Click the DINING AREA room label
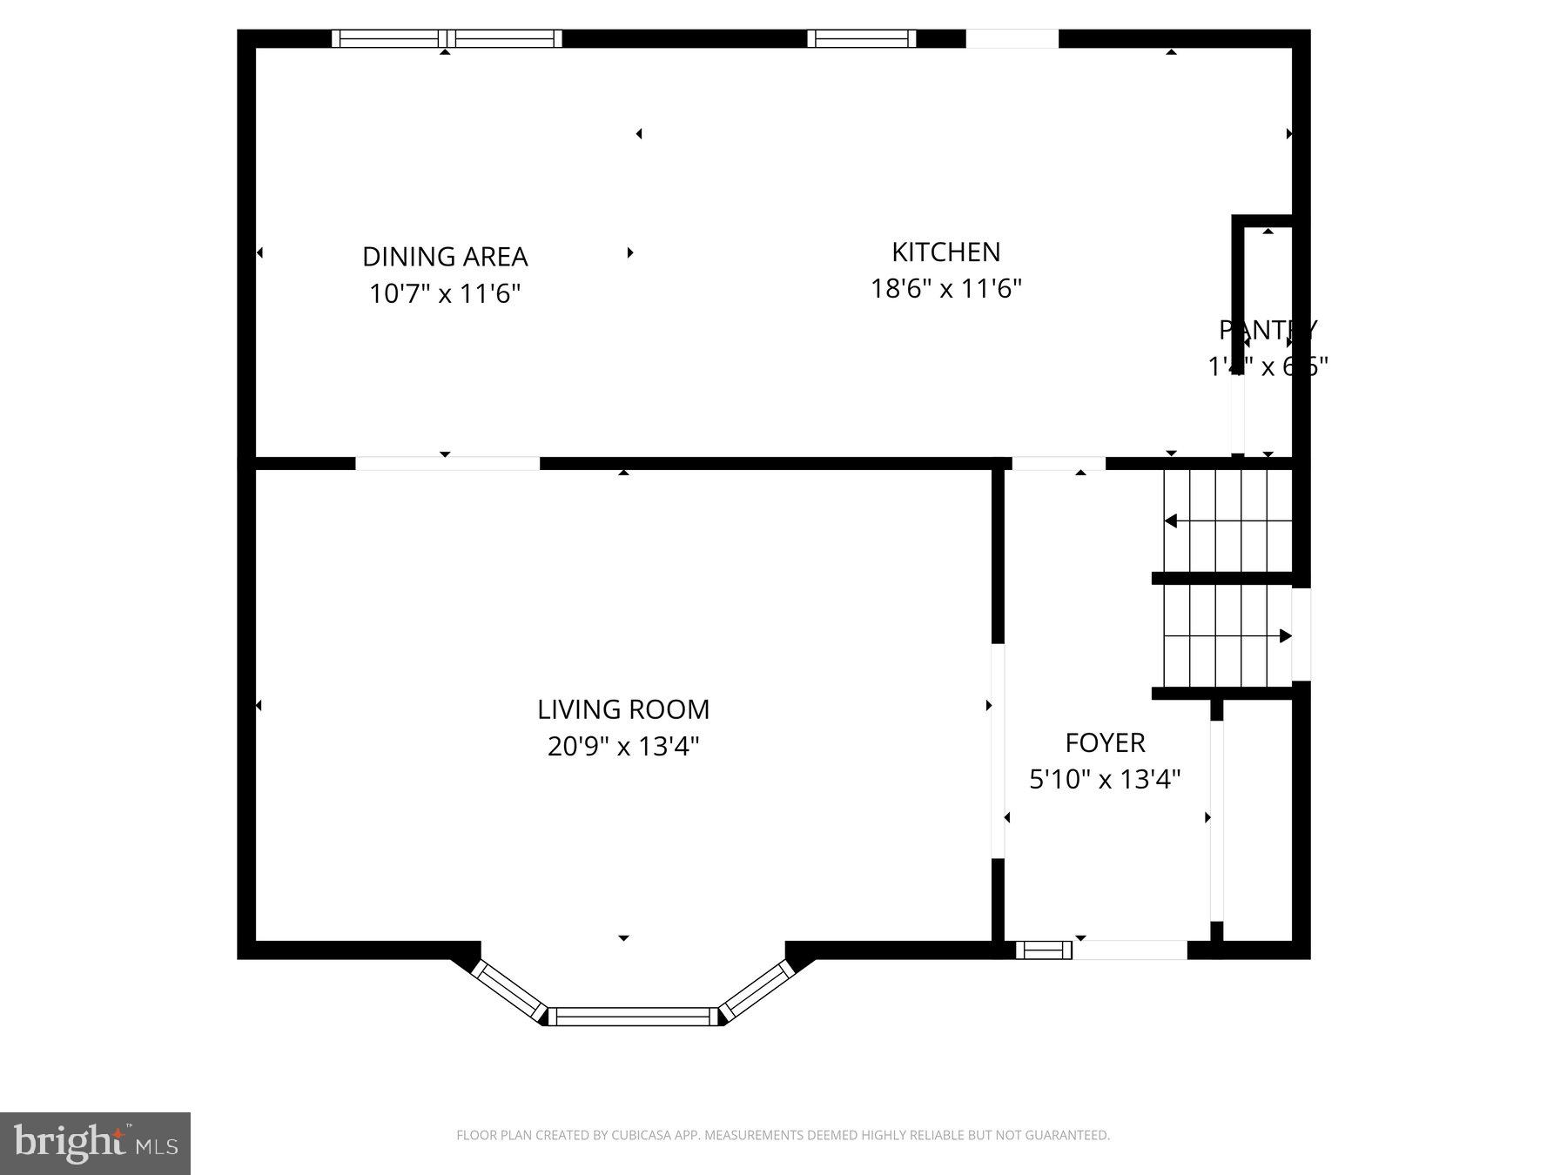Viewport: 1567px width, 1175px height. click(x=445, y=257)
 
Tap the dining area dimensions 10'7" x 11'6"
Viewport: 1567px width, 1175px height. click(x=445, y=294)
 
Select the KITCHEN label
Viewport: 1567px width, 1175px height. click(x=945, y=252)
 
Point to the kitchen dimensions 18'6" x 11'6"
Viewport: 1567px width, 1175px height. click(x=945, y=288)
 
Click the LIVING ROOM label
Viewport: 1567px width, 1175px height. click(x=623, y=709)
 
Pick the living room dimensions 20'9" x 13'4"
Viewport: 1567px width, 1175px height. click(x=623, y=747)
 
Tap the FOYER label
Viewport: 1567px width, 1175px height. click(x=1105, y=742)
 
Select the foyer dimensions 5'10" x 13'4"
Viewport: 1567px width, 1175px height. click(x=1105, y=779)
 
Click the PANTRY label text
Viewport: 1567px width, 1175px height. click(x=1268, y=330)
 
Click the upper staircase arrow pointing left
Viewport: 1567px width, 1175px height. click(x=1172, y=520)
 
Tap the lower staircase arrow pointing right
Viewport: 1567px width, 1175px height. click(x=1285, y=636)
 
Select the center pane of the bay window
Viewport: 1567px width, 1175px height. click(x=633, y=1016)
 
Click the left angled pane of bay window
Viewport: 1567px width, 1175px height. click(x=508, y=990)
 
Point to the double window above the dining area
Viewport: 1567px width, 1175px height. click(x=447, y=38)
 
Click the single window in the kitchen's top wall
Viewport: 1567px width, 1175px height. click(x=861, y=38)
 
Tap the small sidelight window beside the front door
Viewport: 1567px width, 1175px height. click(x=1043, y=950)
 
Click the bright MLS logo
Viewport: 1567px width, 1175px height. click(x=95, y=1143)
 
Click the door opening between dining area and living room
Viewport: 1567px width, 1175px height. click(x=447, y=463)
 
